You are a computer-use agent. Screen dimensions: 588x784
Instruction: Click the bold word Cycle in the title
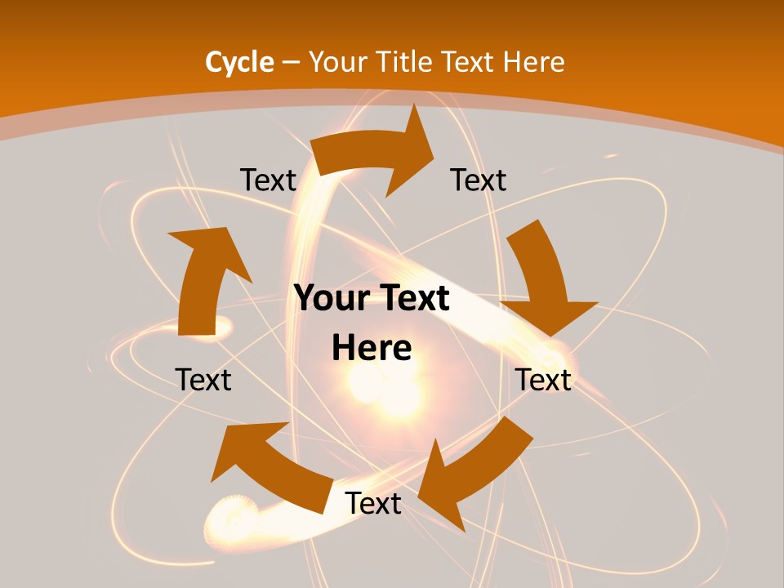point(239,62)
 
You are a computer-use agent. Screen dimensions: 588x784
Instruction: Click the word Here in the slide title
point(533,62)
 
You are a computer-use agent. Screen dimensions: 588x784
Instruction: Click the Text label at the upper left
point(268,180)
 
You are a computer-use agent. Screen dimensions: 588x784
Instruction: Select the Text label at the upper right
point(479,180)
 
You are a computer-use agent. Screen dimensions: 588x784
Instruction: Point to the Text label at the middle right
point(543,380)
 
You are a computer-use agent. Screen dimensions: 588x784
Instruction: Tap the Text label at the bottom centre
point(373,504)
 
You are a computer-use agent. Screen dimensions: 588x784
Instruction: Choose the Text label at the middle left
point(203,380)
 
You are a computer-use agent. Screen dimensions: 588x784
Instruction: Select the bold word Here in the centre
point(372,349)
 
